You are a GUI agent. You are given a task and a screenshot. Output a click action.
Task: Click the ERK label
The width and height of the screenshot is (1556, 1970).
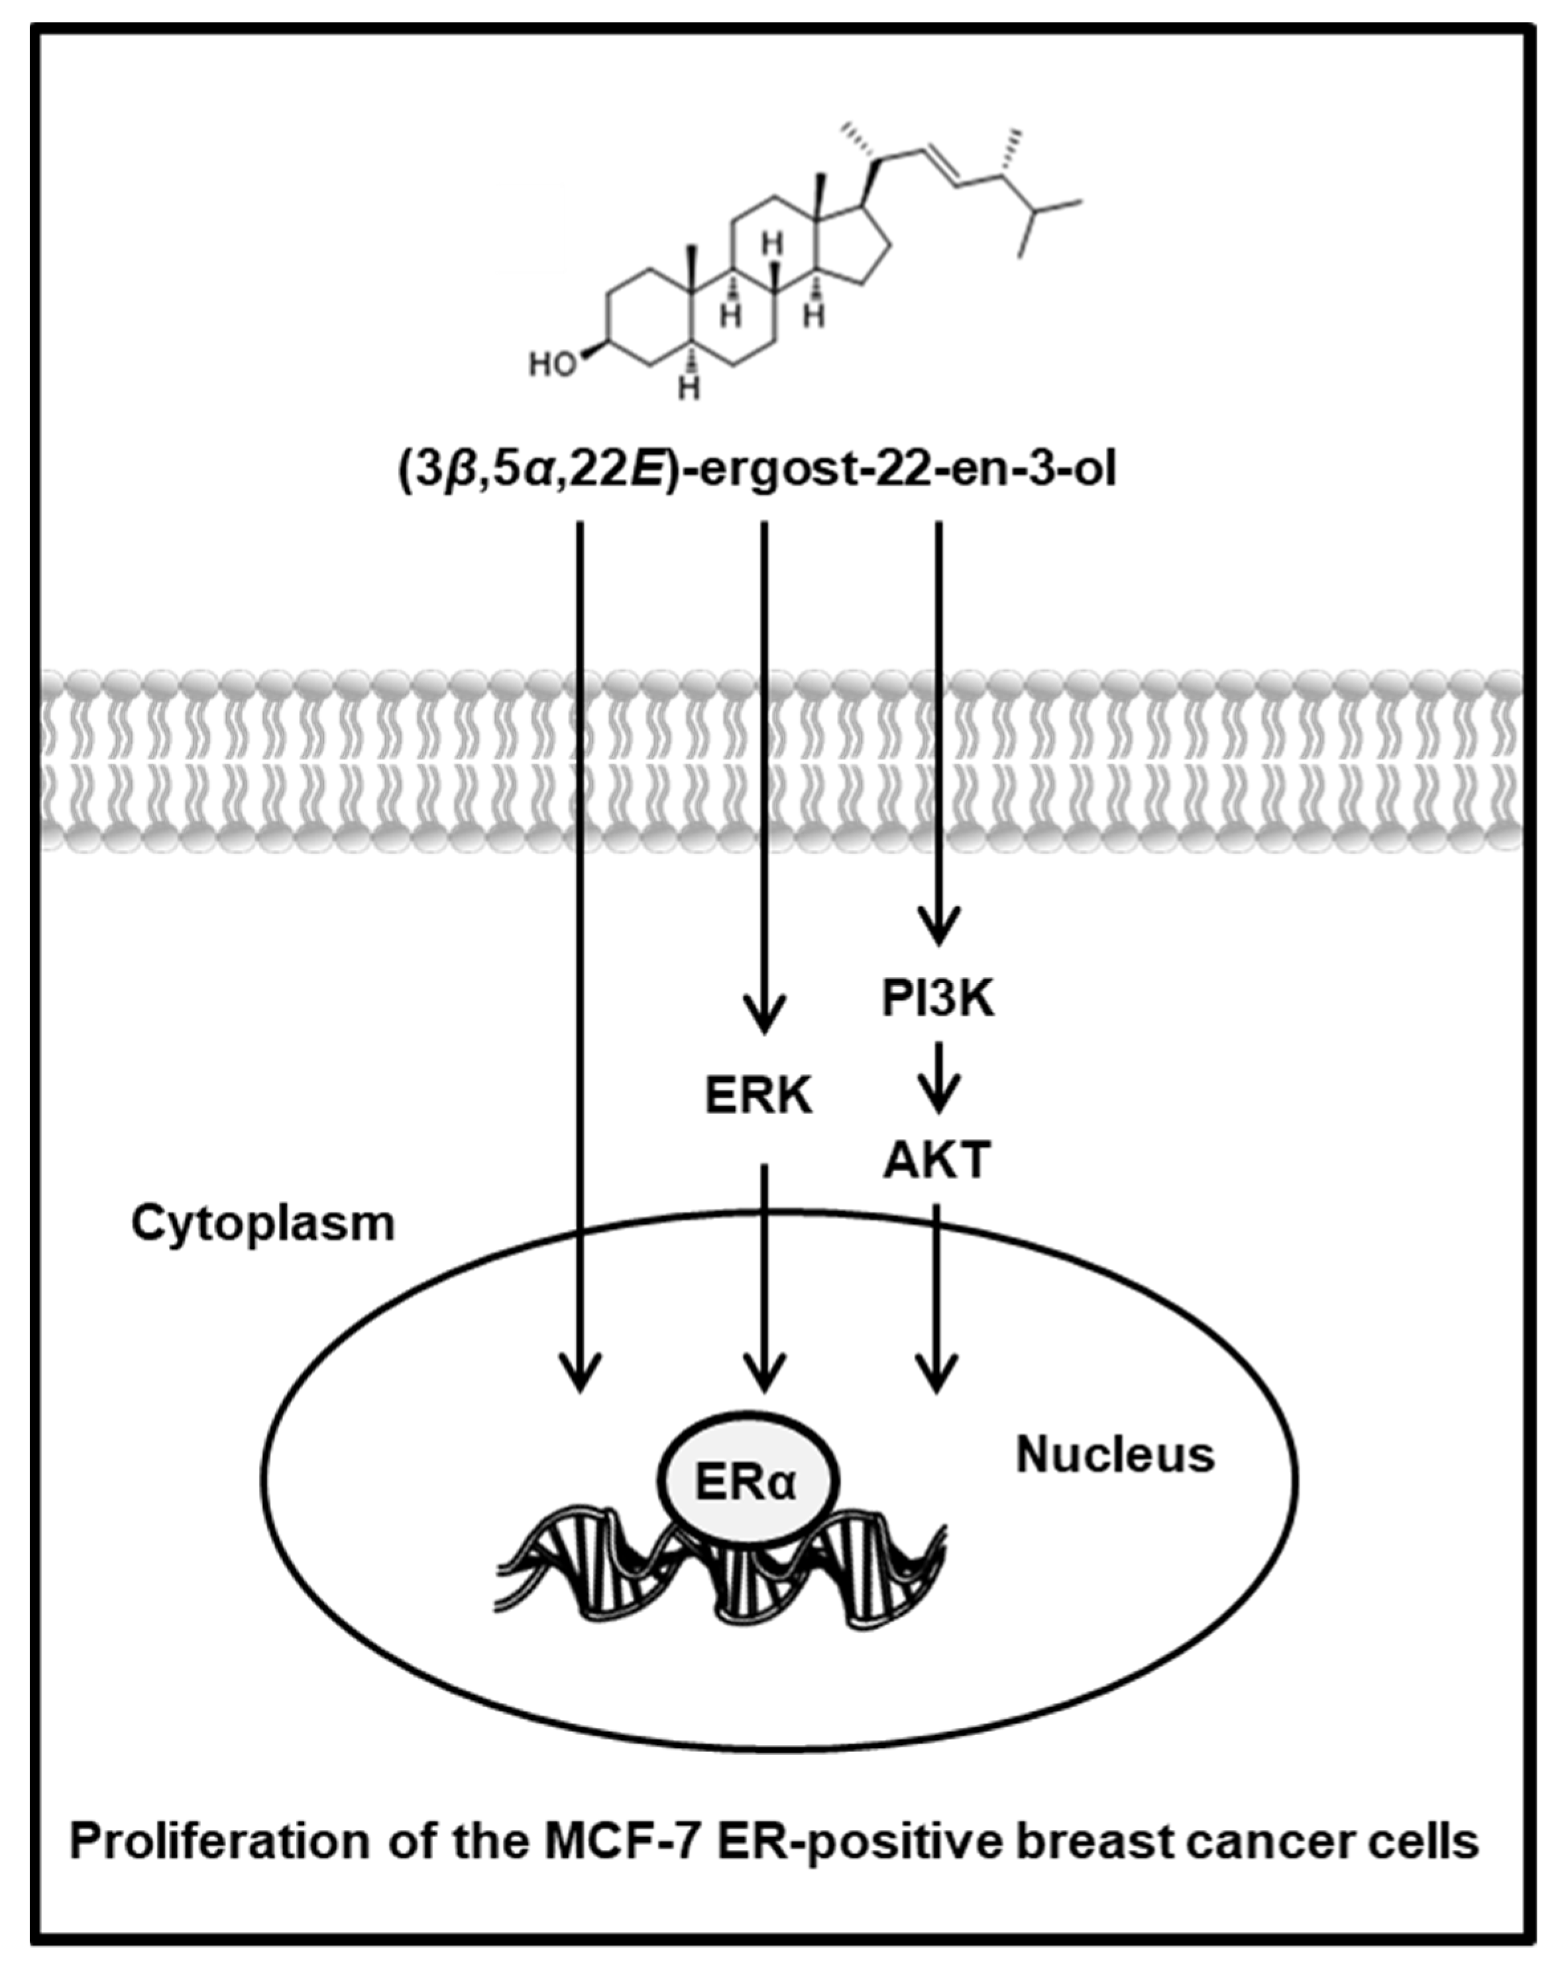coord(758,1097)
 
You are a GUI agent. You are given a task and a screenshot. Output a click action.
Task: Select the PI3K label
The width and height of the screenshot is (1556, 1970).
coord(938,999)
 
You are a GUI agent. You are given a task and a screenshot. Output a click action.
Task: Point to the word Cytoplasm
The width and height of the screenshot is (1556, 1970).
coord(263,1223)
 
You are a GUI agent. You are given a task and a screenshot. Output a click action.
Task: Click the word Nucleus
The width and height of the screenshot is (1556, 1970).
coord(1115,1454)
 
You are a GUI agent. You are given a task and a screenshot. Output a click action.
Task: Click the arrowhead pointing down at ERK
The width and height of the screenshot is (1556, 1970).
coord(763,1024)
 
